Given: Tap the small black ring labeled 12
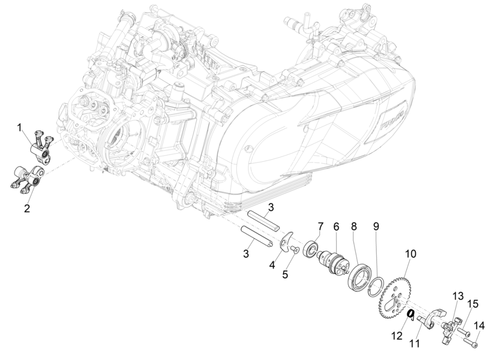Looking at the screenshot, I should [x=410, y=315].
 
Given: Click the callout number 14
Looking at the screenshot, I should [x=478, y=326].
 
